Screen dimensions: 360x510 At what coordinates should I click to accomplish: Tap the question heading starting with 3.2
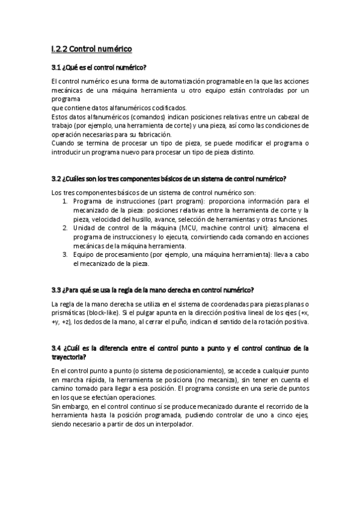[169, 179]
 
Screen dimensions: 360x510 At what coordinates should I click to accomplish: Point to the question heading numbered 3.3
[153, 290]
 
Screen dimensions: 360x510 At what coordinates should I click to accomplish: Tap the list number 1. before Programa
[66, 201]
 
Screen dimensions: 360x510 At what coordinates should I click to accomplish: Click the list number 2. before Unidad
[66, 228]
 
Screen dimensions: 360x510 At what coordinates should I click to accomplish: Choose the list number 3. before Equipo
[66, 254]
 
